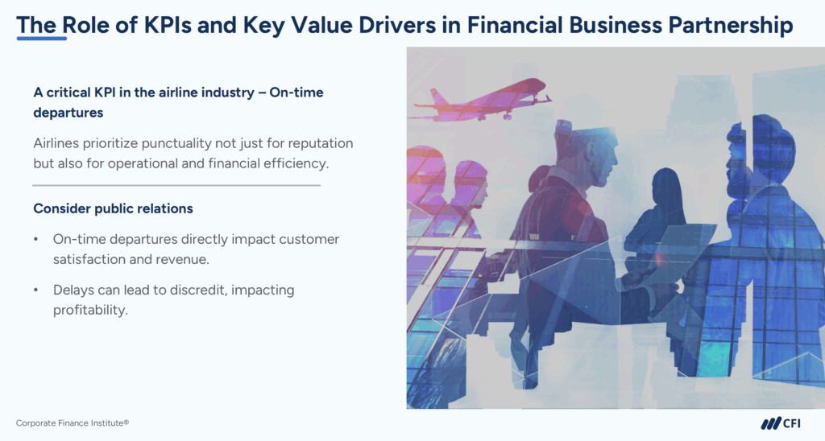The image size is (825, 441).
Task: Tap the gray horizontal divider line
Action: [176, 185]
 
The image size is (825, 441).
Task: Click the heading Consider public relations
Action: [113, 208]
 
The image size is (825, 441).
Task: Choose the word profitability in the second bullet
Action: [90, 309]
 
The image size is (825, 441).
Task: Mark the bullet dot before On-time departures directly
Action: [36, 240]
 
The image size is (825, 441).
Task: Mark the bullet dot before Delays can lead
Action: [36, 290]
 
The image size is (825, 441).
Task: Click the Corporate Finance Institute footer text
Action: [73, 422]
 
